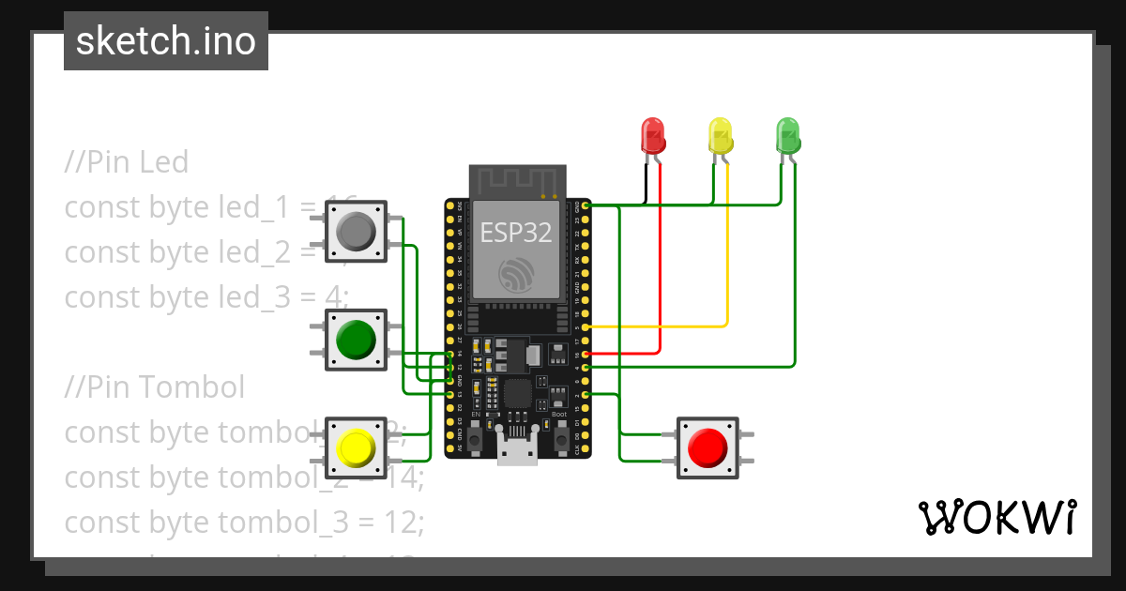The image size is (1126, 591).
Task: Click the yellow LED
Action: [x=720, y=135]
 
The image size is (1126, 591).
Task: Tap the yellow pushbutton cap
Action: [x=356, y=447]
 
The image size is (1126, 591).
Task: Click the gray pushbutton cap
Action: [x=356, y=231]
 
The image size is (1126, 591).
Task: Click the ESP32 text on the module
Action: [x=516, y=232]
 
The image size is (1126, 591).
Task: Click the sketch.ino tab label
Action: [x=166, y=41]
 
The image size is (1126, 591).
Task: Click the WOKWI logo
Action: [x=997, y=518]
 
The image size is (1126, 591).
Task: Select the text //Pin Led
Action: [x=127, y=162]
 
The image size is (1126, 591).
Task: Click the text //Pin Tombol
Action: [x=155, y=386]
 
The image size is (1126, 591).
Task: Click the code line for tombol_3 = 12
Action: [x=244, y=522]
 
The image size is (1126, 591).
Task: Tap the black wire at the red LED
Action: [x=646, y=183]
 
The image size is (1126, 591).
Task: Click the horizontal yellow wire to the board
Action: [x=657, y=326]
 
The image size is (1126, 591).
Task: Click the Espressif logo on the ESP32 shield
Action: [x=517, y=273]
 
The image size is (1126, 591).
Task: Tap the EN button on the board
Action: [x=476, y=437]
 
